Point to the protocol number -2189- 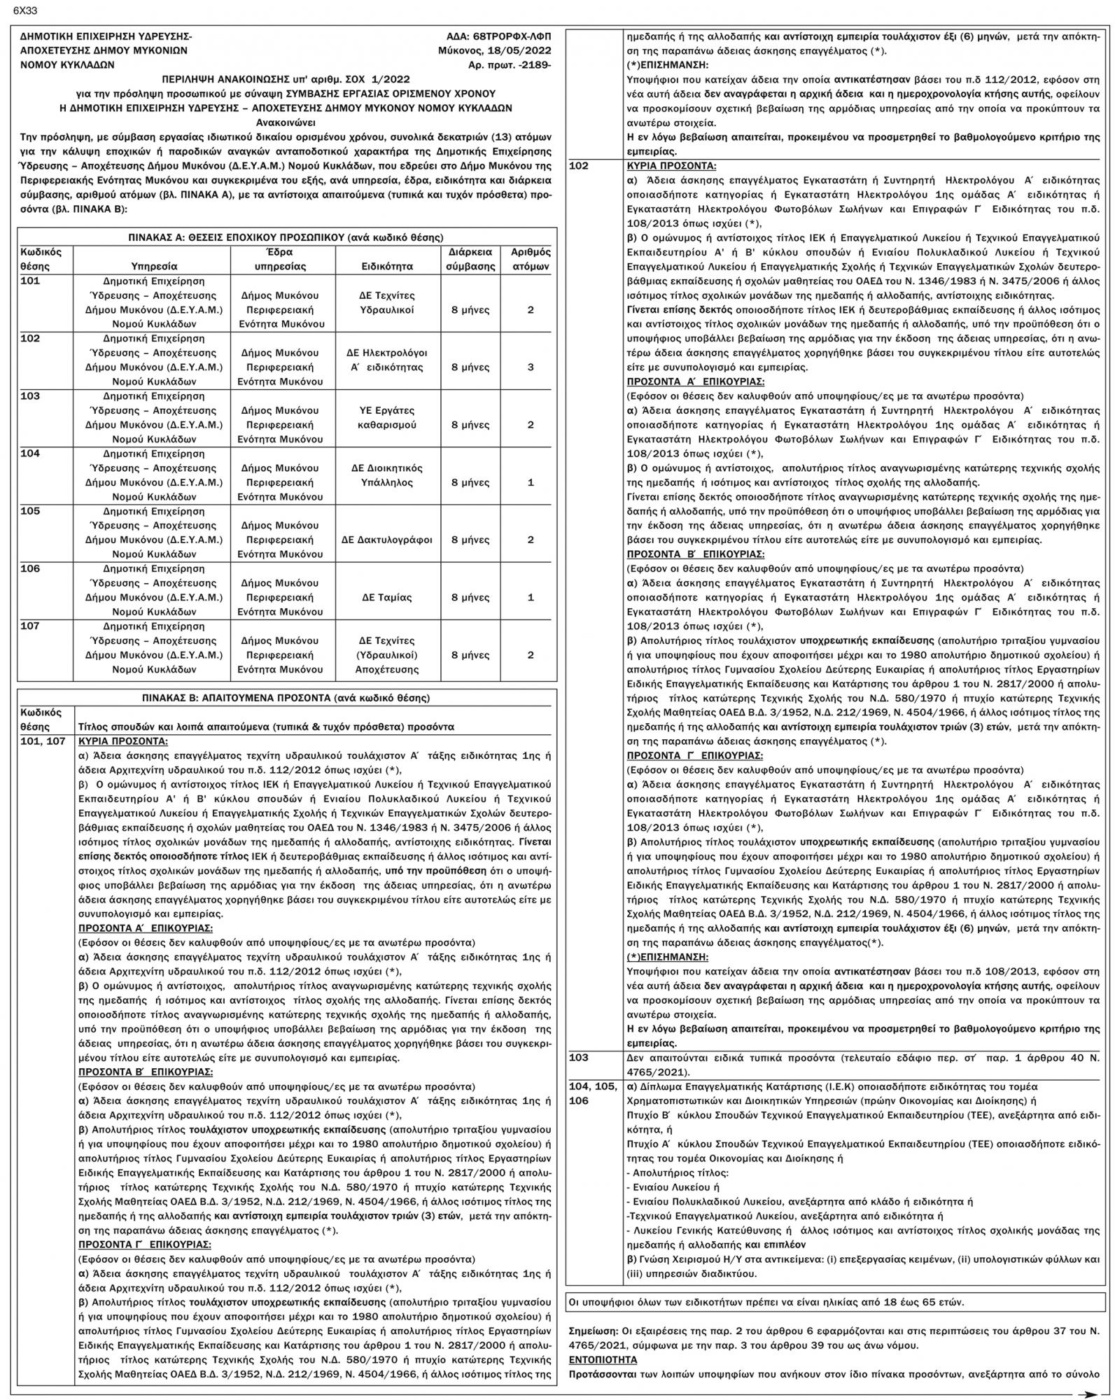531,64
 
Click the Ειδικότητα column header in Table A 386,266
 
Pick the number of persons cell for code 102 531,367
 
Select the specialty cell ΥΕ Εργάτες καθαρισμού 386,417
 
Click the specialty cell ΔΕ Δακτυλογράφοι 386,540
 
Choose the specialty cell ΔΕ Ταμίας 386,597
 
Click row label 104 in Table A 30,454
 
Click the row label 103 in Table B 580,1058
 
